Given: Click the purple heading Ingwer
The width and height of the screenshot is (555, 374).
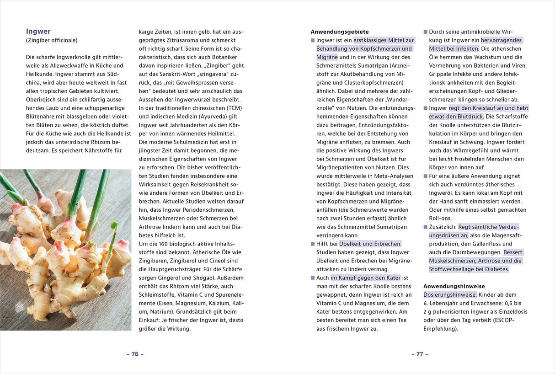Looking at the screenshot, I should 38,32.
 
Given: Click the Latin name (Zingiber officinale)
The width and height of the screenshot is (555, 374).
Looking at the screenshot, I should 52,40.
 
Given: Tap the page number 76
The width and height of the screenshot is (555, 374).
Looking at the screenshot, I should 135,354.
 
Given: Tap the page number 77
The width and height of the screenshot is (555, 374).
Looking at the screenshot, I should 420,354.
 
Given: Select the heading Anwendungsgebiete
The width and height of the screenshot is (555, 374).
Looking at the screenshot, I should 340,32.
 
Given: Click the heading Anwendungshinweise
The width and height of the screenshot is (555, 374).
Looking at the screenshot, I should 448,286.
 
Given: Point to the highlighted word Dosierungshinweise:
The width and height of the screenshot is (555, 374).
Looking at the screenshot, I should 450,294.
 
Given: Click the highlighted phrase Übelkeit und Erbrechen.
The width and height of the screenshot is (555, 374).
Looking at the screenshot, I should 370,244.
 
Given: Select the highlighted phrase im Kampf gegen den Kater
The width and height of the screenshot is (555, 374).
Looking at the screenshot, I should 365,278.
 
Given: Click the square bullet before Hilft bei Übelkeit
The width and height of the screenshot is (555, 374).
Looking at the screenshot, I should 313,244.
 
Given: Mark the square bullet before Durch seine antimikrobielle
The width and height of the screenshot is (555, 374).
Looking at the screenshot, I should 426,32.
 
